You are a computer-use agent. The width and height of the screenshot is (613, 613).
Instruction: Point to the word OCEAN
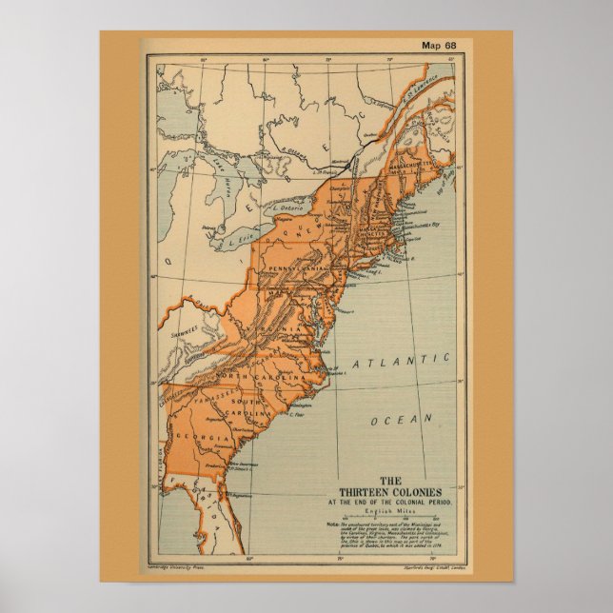click(x=401, y=419)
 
